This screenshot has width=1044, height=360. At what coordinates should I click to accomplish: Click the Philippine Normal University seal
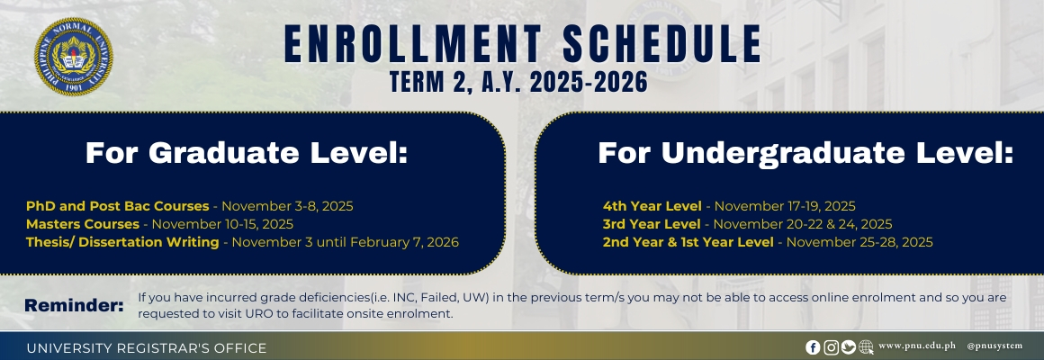click(73, 57)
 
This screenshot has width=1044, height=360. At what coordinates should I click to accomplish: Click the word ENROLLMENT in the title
click(413, 45)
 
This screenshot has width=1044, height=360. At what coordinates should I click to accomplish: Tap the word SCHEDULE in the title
click(661, 45)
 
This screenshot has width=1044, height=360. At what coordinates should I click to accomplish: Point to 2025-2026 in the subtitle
click(589, 82)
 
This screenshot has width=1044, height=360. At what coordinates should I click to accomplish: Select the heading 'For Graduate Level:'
click(246, 153)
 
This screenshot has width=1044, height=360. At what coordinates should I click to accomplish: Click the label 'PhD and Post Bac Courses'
click(117, 206)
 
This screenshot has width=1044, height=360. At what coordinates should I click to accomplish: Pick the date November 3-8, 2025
click(287, 206)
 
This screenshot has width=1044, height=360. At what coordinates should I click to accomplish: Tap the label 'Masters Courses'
click(83, 224)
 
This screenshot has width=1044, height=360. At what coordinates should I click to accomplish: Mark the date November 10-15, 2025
click(222, 224)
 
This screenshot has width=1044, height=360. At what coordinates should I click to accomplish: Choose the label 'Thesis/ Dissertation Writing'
click(122, 242)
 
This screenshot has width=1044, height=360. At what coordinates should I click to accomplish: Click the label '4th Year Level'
click(652, 206)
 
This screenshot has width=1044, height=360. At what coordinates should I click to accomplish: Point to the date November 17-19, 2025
click(785, 206)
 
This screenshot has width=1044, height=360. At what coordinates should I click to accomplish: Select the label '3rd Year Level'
click(652, 224)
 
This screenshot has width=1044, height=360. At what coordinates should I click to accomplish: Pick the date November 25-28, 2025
click(859, 242)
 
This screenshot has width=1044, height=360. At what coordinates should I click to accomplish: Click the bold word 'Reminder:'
click(74, 305)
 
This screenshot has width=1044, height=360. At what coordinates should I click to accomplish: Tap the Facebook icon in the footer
click(813, 347)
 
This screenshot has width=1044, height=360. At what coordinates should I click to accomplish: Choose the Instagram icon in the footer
click(831, 347)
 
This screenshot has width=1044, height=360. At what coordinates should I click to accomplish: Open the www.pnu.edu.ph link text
click(917, 346)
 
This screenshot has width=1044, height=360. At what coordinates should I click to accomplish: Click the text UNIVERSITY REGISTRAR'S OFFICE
click(147, 348)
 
